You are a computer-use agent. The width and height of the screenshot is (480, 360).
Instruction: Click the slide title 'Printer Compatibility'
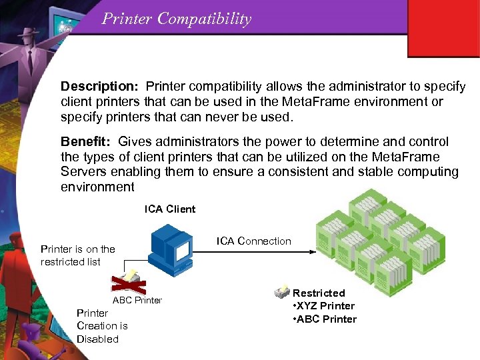(x=177, y=19)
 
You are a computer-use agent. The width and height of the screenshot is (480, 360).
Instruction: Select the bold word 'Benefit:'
(x=87, y=142)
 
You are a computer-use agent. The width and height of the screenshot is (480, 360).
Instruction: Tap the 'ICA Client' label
(x=170, y=209)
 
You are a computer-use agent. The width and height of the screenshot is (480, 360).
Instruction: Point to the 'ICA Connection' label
(x=254, y=241)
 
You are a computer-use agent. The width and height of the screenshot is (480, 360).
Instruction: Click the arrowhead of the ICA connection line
(x=310, y=253)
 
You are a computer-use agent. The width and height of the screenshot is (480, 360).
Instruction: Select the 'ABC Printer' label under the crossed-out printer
(x=137, y=300)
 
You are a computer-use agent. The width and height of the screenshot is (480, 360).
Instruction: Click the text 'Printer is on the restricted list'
(x=77, y=255)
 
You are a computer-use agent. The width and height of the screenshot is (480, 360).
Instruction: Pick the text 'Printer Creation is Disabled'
(x=101, y=326)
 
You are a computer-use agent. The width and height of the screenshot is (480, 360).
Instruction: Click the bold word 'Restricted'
(x=319, y=293)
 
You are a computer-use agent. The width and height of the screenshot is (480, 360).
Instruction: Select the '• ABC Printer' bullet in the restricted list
(x=325, y=319)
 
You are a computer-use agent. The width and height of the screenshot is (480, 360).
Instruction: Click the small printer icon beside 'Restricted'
(x=281, y=293)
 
